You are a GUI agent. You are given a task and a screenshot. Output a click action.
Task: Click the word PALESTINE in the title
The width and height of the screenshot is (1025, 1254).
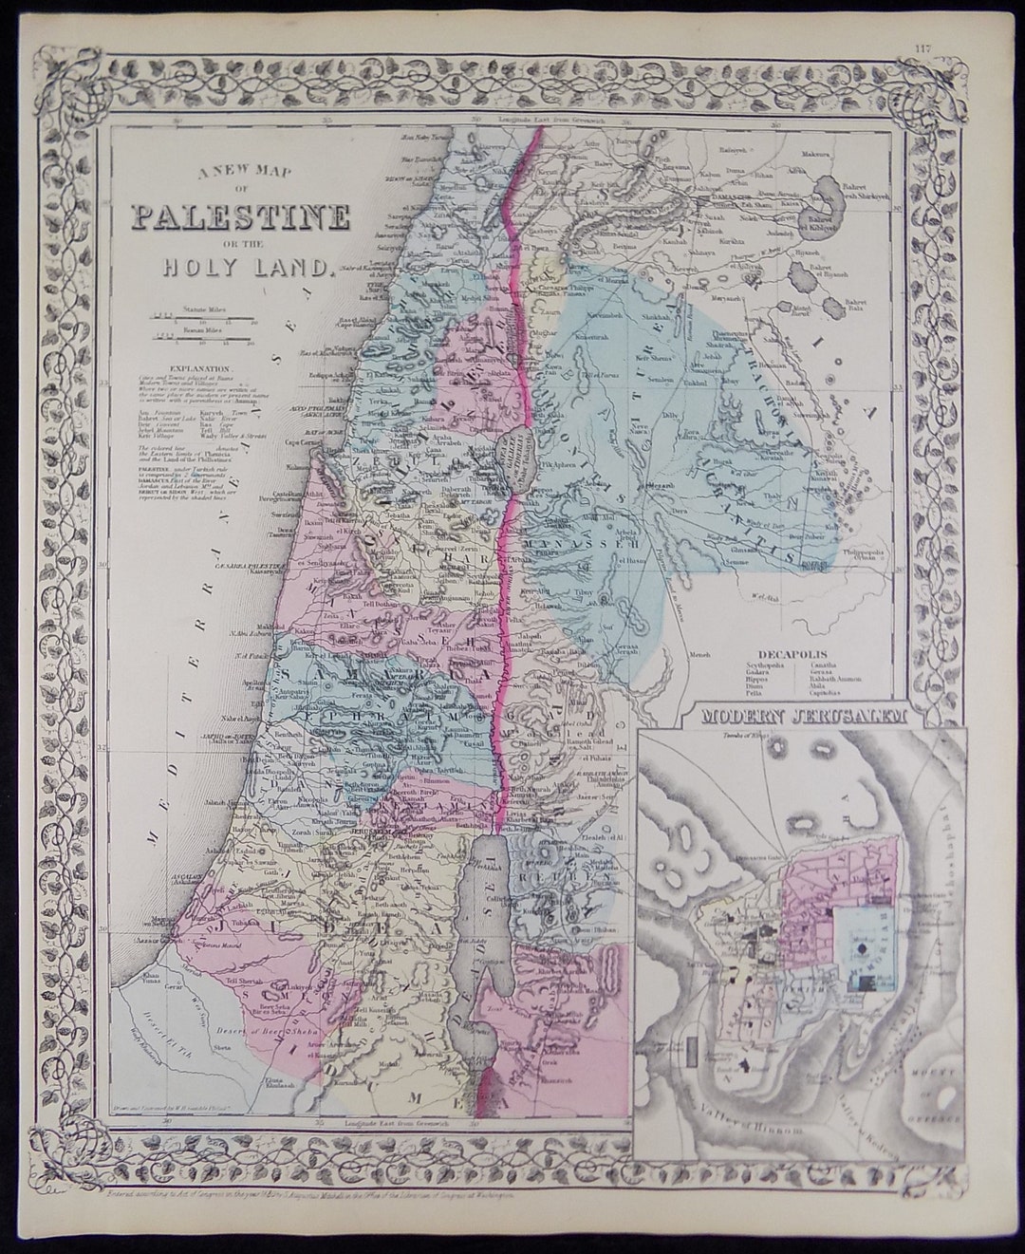[x=239, y=218]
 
